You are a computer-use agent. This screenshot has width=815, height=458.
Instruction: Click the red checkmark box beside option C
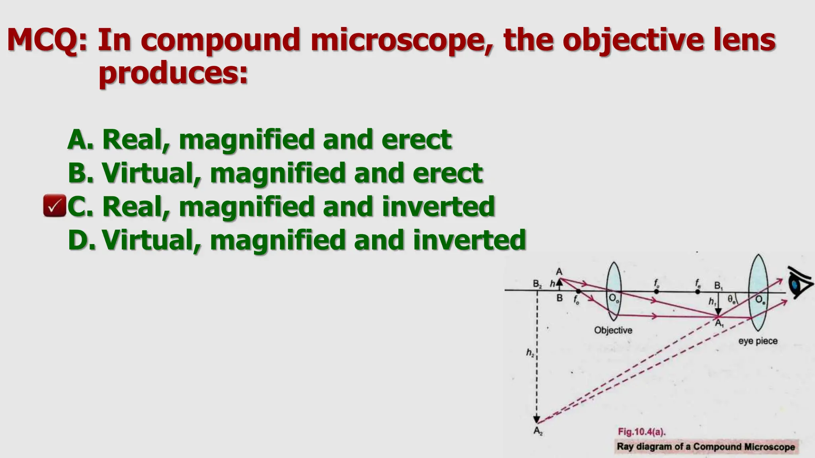tap(55, 206)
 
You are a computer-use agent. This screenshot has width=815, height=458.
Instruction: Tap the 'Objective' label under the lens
tap(613, 330)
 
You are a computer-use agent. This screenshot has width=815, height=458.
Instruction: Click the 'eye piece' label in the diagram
tap(758, 341)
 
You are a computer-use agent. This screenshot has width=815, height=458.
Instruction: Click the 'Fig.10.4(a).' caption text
tap(642, 432)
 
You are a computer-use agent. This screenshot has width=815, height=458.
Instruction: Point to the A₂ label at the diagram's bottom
tap(538, 431)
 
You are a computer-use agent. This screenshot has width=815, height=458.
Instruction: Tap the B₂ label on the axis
tap(537, 284)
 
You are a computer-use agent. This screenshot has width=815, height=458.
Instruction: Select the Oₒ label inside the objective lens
tap(614, 299)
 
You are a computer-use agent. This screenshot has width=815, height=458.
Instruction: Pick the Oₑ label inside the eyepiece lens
tap(760, 300)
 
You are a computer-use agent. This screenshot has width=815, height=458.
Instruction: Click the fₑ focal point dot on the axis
tap(698, 292)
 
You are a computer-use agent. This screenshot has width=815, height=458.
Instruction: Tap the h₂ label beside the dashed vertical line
tap(530, 352)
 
